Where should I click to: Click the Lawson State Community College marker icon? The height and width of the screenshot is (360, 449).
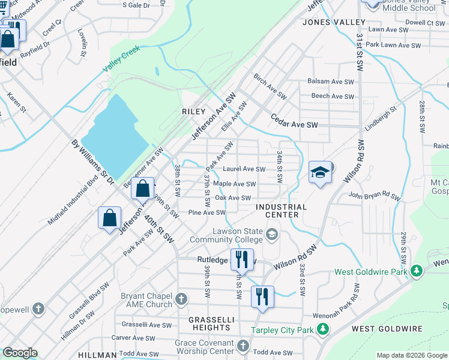point(273,233)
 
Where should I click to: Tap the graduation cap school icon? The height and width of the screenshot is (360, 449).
point(321,173)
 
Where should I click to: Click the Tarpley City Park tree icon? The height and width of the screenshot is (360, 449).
point(323,329)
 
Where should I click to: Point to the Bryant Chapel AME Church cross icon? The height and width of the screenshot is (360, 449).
point(182,298)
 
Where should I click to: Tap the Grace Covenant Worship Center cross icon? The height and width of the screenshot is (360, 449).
point(243,346)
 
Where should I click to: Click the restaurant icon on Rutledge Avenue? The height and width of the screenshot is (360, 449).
point(242,260)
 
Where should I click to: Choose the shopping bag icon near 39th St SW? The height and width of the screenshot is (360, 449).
point(143,188)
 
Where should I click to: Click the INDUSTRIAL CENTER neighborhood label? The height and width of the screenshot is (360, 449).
point(282,211)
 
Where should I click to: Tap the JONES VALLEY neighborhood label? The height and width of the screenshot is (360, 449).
point(334,22)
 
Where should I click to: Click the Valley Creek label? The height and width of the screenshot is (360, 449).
point(121,60)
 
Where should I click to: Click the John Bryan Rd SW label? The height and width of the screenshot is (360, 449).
point(374,196)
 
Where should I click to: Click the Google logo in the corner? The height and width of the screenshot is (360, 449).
point(20,353)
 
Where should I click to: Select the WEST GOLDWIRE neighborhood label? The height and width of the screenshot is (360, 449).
point(387,329)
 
